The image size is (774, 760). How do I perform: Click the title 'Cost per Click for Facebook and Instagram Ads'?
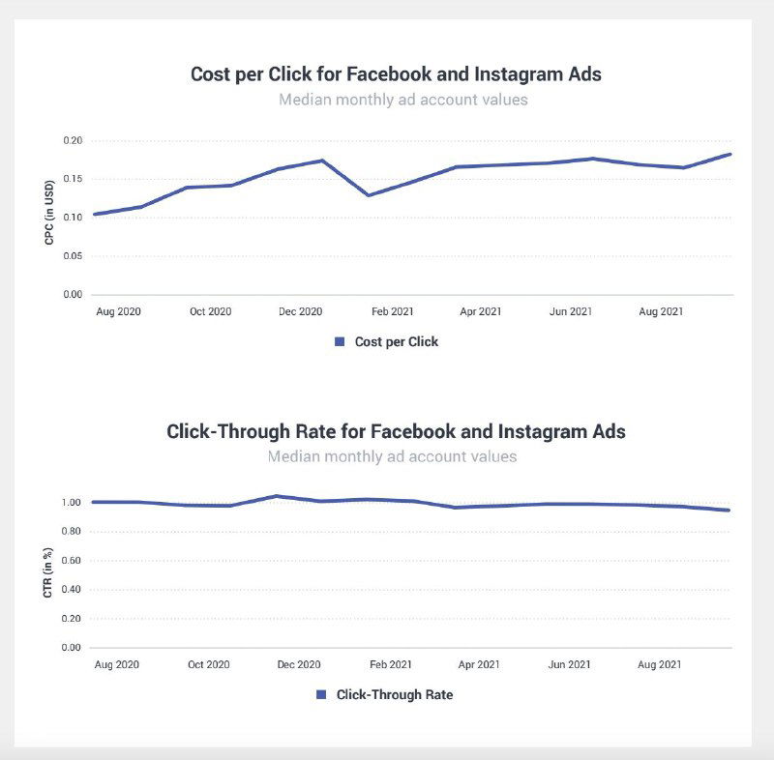(x=396, y=74)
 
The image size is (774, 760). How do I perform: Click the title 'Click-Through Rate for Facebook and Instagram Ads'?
(x=396, y=431)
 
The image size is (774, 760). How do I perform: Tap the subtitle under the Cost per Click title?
(x=402, y=100)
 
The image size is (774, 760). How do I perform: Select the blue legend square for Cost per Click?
(x=340, y=341)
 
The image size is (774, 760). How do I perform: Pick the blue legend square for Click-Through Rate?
(x=321, y=694)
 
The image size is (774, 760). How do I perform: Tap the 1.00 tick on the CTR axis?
(x=70, y=503)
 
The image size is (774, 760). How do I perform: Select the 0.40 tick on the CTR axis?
(x=70, y=590)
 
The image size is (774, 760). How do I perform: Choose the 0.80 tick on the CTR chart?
(x=70, y=532)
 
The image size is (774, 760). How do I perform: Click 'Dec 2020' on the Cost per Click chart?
(x=300, y=311)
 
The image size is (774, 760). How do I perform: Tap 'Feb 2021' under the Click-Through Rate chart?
(x=391, y=665)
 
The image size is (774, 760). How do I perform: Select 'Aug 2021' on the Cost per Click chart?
(x=662, y=311)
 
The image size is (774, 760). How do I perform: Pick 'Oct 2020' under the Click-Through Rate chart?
(x=209, y=665)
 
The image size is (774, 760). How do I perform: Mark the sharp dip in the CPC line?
(x=368, y=195)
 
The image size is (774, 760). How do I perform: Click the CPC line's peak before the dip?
(x=321, y=161)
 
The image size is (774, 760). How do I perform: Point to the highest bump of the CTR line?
(x=277, y=496)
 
